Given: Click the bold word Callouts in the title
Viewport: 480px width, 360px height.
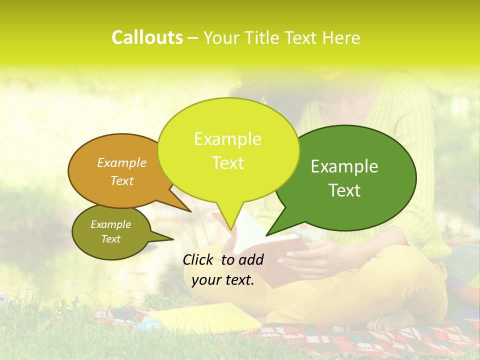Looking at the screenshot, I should [x=147, y=37].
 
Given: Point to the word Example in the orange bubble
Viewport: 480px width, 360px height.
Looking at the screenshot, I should [x=122, y=163].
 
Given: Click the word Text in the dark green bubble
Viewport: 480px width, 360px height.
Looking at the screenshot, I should [x=344, y=190].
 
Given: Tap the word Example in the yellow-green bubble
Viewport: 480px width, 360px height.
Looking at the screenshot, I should [x=228, y=139].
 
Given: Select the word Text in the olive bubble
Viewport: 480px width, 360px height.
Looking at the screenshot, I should [x=111, y=239].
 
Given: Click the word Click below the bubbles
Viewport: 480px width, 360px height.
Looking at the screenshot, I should [x=199, y=259].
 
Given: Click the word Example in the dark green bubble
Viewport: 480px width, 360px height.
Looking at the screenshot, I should [x=344, y=166].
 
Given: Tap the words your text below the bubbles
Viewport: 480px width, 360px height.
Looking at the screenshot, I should [x=223, y=280].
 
